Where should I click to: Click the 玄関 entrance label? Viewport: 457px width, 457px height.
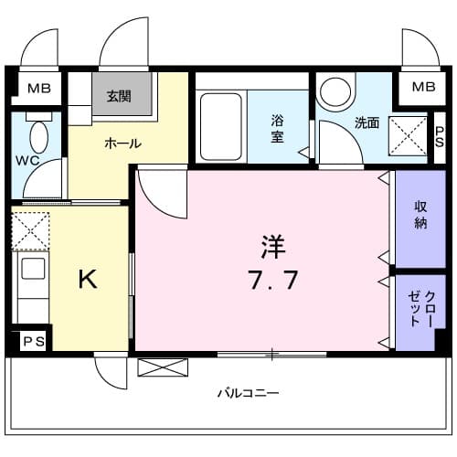[x=119, y=96]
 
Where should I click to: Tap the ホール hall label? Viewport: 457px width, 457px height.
[x=123, y=143]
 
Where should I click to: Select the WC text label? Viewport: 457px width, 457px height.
[x=27, y=161]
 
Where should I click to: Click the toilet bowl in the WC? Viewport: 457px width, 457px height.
[x=39, y=137]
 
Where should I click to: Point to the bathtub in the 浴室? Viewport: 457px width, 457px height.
[x=221, y=127]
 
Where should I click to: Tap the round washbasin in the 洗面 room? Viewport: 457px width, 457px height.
[x=335, y=91]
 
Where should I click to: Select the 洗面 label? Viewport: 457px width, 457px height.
[x=367, y=122]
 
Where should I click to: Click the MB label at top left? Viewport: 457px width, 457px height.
[x=39, y=89]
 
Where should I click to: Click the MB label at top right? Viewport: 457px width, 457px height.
[x=423, y=87]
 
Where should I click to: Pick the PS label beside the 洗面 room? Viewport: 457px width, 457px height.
[x=440, y=137]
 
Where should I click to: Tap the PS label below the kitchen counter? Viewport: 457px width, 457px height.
[x=34, y=341]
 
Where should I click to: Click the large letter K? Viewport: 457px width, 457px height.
[x=88, y=279]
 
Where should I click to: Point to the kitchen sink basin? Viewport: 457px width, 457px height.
[x=33, y=269]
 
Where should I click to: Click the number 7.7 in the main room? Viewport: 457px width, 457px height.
[x=272, y=280]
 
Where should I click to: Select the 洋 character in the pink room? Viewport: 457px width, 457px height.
[x=273, y=247]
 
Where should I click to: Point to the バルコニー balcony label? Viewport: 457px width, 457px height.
[x=248, y=393]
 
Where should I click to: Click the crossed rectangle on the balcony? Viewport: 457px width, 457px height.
[x=163, y=367]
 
